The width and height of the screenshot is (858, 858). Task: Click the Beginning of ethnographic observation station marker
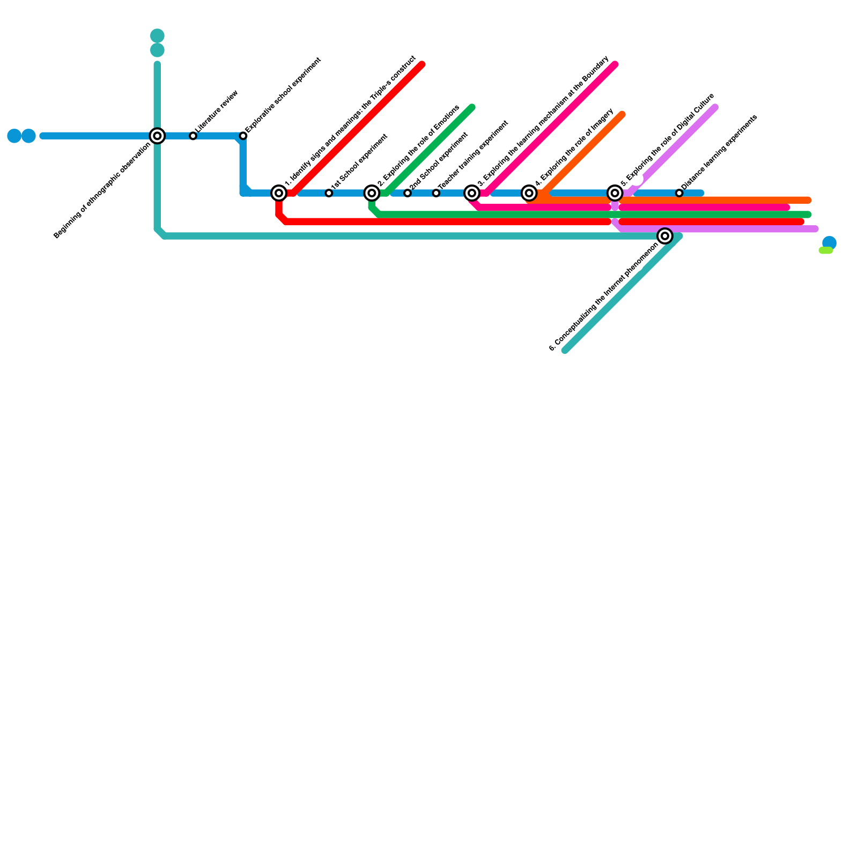click(x=157, y=136)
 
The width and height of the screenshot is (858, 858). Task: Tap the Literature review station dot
click(x=193, y=136)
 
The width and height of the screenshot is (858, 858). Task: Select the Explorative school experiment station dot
click(x=243, y=136)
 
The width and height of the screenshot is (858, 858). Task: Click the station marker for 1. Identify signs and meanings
click(x=279, y=193)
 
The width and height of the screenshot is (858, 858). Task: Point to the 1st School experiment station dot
click(x=329, y=193)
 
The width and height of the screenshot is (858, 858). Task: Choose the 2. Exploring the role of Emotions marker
click(x=372, y=193)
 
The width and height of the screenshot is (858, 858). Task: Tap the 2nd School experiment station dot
click(x=408, y=193)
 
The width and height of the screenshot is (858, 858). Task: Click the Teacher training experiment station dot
click(x=436, y=193)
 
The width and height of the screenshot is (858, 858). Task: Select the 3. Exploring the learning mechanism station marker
click(x=472, y=193)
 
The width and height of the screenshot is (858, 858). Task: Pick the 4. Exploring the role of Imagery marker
click(x=529, y=193)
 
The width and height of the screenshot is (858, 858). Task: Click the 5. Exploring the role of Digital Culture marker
click(x=615, y=193)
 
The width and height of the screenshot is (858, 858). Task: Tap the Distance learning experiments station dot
click(x=679, y=193)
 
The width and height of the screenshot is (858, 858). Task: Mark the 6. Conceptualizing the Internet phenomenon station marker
click(x=665, y=236)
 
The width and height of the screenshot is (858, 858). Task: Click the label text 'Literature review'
click(x=217, y=111)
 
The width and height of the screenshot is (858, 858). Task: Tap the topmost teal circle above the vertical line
click(x=157, y=36)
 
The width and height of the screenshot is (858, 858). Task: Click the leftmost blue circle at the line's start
click(x=14, y=136)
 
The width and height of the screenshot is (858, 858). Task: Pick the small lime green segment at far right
click(x=826, y=250)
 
